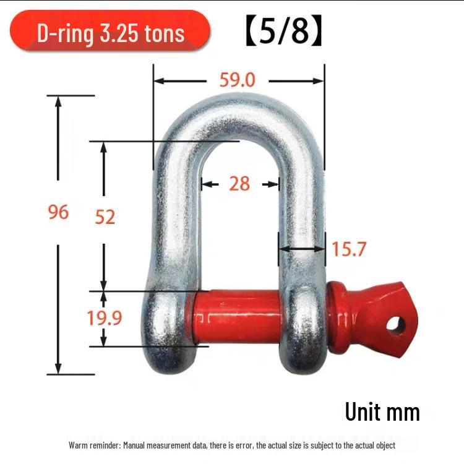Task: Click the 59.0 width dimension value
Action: [238, 80]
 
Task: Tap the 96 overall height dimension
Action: [58, 212]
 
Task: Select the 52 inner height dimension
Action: [105, 217]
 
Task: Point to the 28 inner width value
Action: [239, 184]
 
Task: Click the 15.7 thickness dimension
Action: [350, 249]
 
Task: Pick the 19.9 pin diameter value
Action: [104, 318]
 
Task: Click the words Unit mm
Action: [382, 412]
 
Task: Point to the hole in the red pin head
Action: [397, 324]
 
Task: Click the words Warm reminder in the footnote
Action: [93, 445]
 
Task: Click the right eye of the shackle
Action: [303, 328]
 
